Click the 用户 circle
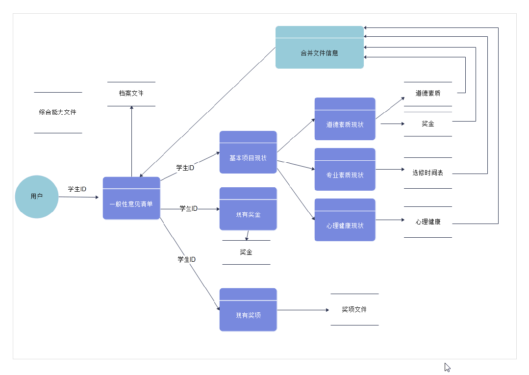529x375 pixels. [37, 197]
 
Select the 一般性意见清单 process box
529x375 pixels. [131, 199]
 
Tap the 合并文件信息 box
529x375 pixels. [320, 47]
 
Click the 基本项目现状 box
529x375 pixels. [248, 152]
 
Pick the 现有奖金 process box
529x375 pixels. [248, 209]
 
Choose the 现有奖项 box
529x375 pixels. [248, 310]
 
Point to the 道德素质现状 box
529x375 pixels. [345, 119]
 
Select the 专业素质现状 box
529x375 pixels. [345, 169]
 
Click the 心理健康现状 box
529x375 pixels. [345, 220]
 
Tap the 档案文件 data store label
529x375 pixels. [131, 93]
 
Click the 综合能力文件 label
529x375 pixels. [58, 112]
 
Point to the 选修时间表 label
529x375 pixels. [428, 173]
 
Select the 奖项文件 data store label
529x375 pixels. [354, 309]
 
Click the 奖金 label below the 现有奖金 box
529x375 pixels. [246, 252]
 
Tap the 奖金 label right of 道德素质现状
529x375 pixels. [428, 124]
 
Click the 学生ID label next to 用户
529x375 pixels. [77, 189]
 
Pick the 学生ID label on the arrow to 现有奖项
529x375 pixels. [187, 259]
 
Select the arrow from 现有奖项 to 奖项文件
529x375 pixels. [303, 310]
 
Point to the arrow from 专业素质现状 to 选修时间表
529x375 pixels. [390, 169]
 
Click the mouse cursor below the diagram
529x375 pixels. [447, 367]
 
